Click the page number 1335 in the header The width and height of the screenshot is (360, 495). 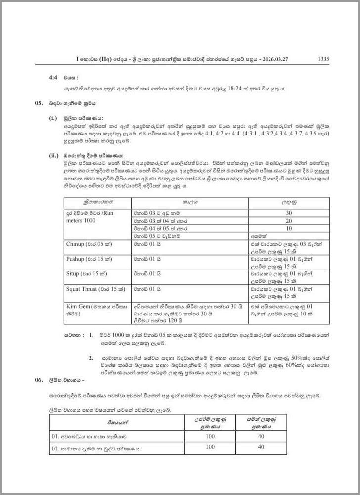click(323, 59)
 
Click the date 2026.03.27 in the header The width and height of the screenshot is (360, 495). click(274, 59)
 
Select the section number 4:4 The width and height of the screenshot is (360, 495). click(54, 78)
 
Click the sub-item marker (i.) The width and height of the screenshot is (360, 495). click(53, 119)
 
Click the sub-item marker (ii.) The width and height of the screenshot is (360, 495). click(54, 155)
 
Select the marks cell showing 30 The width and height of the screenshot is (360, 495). click(289, 213)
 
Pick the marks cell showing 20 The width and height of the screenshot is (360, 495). click(289, 221)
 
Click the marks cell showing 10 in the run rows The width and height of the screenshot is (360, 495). click(289, 229)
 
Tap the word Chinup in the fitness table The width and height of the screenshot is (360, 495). click(75, 244)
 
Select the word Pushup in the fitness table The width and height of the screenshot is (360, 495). click(76, 259)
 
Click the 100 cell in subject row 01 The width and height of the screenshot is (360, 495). click(210, 436)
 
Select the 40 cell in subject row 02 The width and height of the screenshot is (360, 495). click(261, 447)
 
